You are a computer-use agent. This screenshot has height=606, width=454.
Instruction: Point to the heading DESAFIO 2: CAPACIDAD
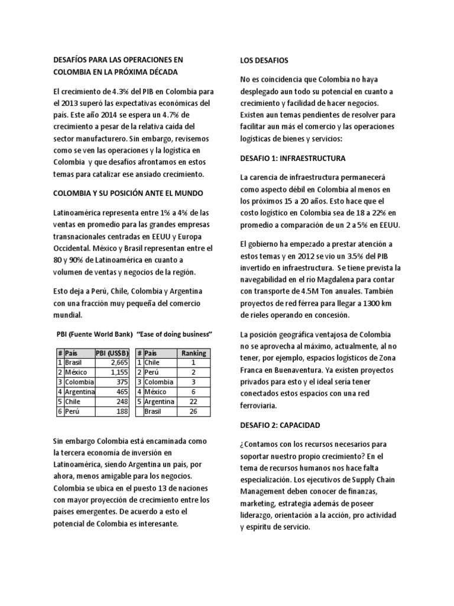(x=280, y=425)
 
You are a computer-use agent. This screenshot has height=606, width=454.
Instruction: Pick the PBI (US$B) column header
(x=110, y=353)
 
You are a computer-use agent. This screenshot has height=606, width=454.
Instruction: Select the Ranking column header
(x=193, y=353)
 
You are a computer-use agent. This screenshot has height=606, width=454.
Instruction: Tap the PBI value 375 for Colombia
(x=116, y=382)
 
